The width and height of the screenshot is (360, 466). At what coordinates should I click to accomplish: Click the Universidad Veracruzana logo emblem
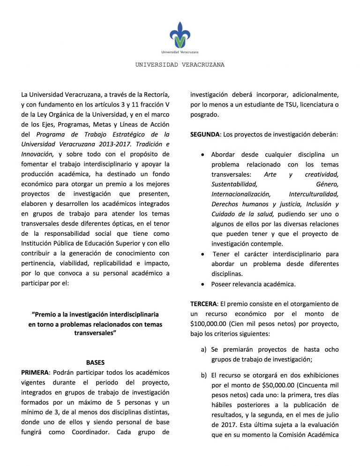[180, 34]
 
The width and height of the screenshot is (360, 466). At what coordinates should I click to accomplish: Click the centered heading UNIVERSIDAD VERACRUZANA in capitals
[180, 65]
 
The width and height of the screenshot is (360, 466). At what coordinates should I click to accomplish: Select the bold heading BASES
[95, 362]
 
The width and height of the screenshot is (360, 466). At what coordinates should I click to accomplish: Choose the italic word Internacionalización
[240, 194]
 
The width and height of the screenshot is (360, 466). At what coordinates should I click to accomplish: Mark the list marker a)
[204, 350]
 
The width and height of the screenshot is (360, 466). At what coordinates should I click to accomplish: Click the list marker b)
[204, 376]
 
